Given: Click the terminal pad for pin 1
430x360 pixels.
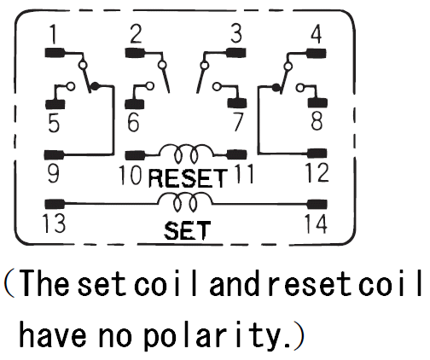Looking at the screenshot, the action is [55, 53].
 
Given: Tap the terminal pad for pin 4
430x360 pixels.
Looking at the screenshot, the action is [317, 53].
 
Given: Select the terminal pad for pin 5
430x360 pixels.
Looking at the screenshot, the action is [55, 104].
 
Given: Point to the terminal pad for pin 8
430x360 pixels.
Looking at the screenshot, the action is [317, 102].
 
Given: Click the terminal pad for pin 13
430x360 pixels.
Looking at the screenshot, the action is [55, 204].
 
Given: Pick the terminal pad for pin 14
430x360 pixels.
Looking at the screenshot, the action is [317, 204].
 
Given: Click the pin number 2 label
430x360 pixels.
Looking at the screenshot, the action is [136, 34].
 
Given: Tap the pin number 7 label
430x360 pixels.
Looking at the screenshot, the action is [238, 122].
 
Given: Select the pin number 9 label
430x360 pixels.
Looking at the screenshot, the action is [54, 173].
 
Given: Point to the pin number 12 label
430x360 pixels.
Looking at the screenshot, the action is [317, 172].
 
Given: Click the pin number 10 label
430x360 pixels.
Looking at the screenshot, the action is [130, 175].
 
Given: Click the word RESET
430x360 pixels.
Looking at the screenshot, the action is [188, 178].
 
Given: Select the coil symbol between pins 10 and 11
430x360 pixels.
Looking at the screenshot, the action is [186, 154].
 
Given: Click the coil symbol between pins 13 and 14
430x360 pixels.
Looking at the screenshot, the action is [185, 202].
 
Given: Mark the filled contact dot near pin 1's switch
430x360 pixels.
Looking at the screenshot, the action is [95, 85].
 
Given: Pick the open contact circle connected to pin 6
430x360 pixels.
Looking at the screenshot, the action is [149, 85].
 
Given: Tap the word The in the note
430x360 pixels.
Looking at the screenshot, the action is [45, 283].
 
